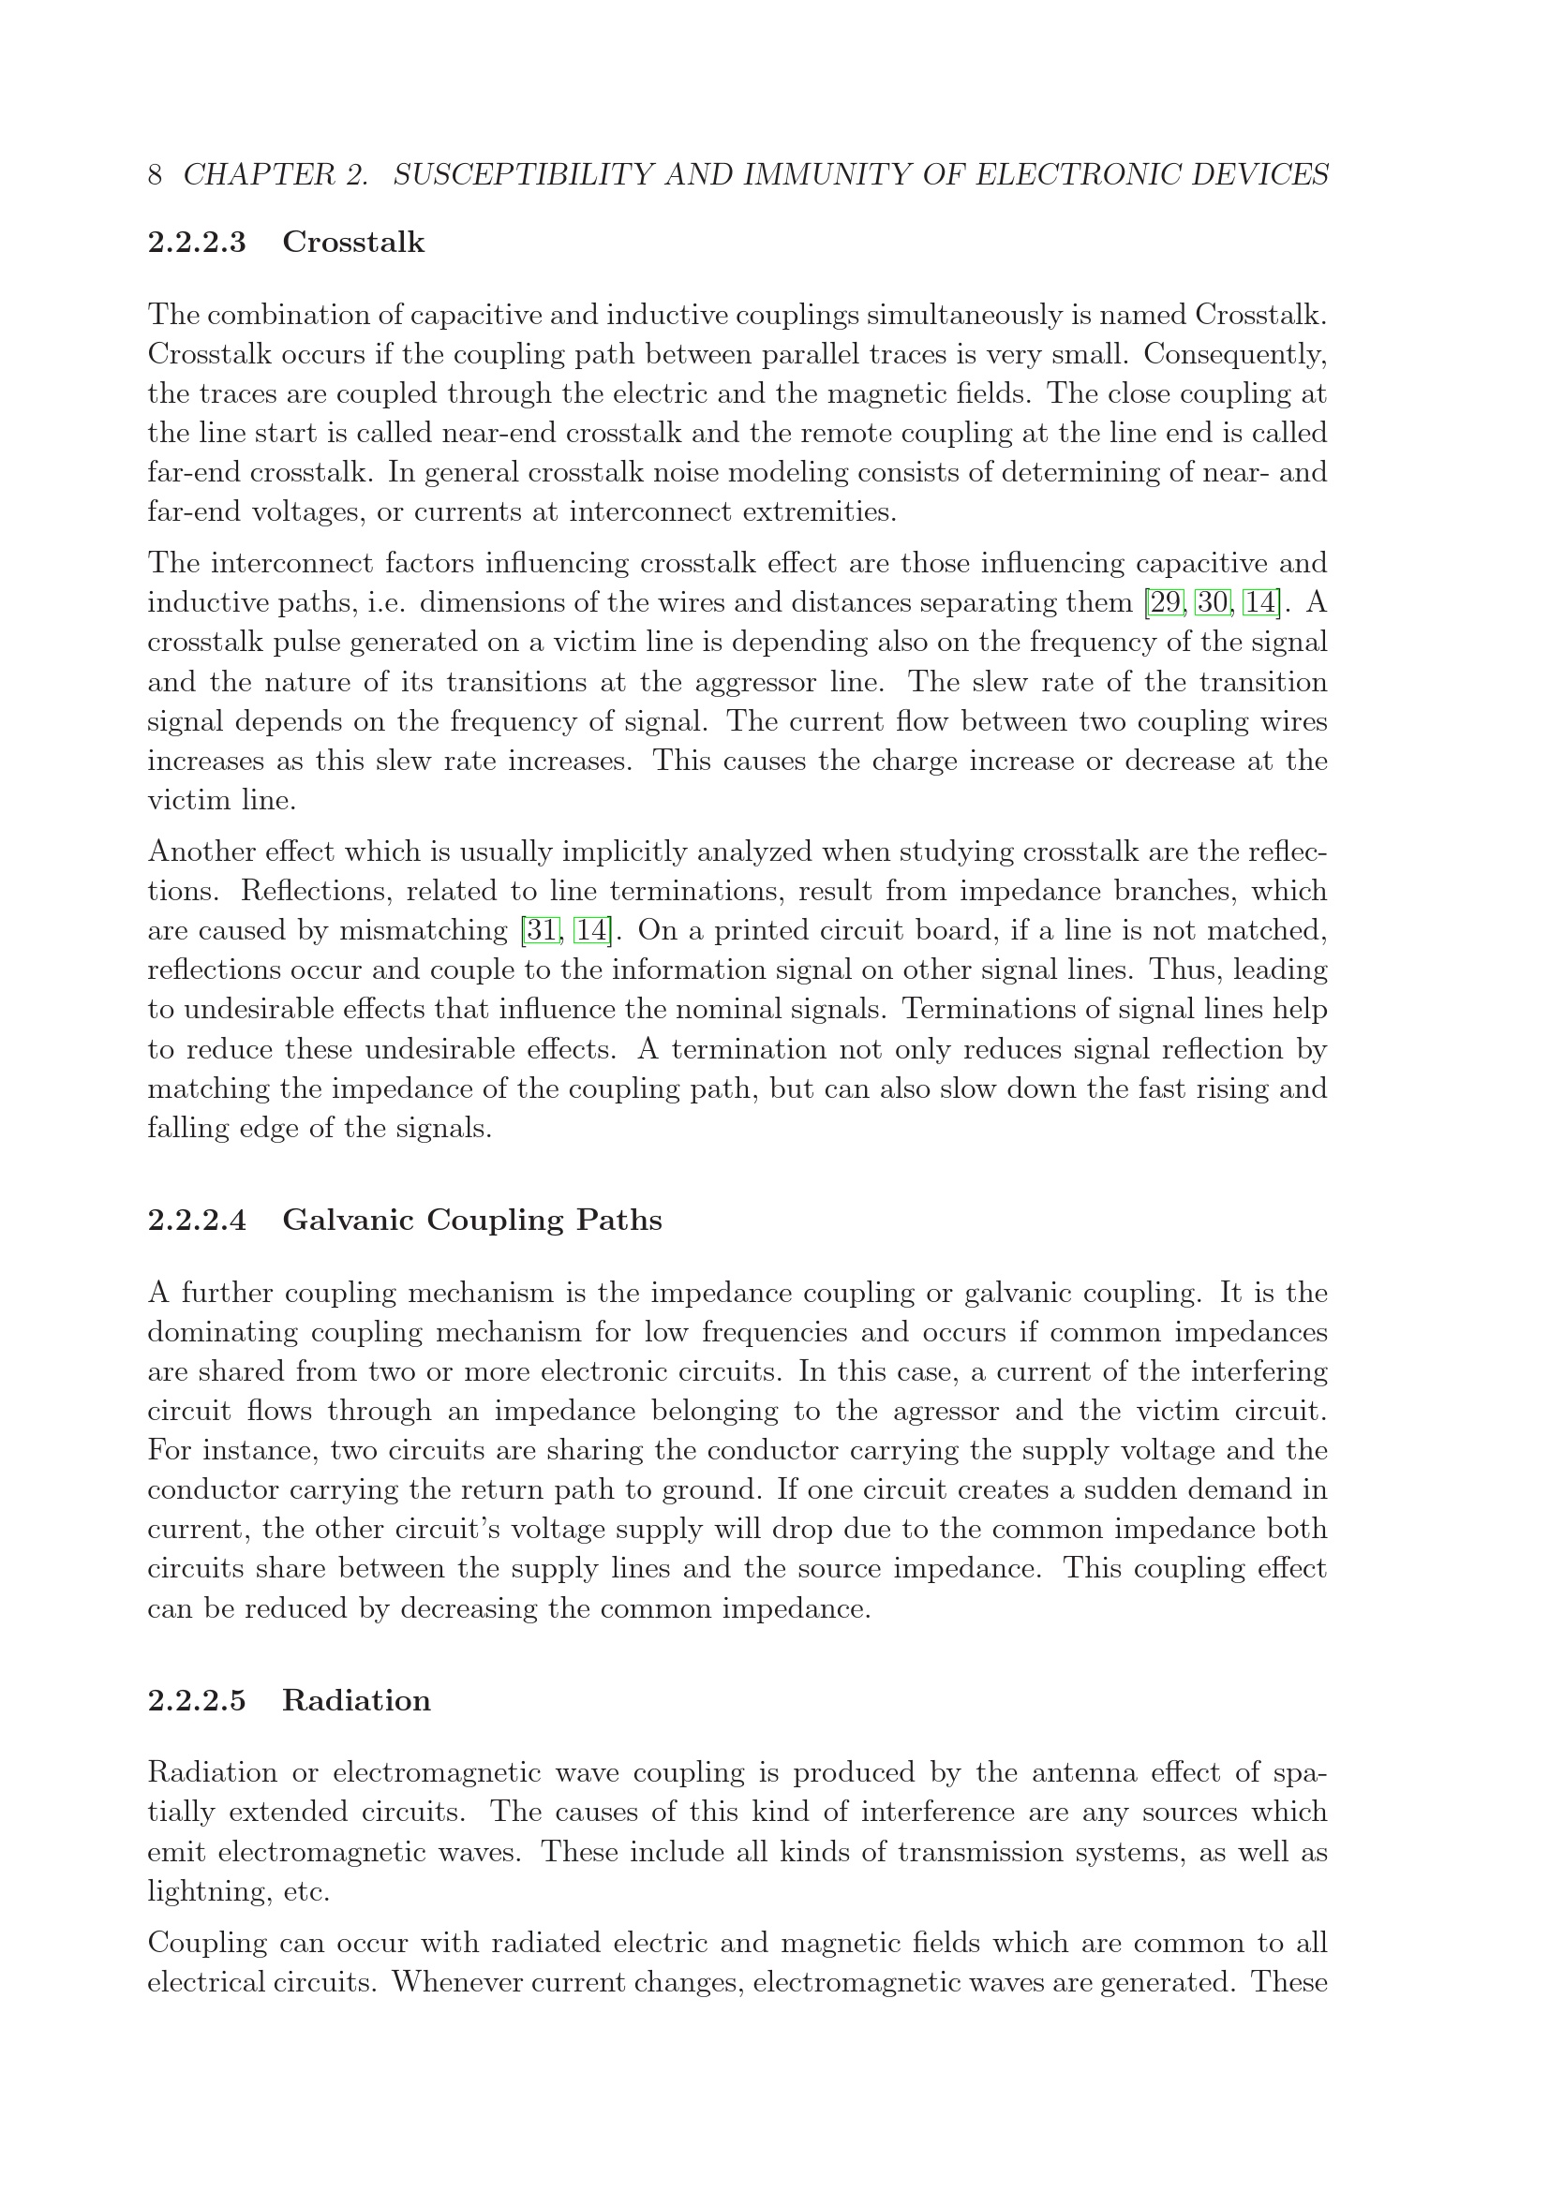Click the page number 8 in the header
click(155, 175)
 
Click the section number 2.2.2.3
click(197, 243)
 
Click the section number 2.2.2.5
click(197, 1700)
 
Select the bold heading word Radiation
click(356, 1700)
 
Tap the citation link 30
click(1213, 603)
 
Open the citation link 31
click(541, 930)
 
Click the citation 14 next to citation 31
click(590, 930)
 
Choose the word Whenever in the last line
click(454, 1983)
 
